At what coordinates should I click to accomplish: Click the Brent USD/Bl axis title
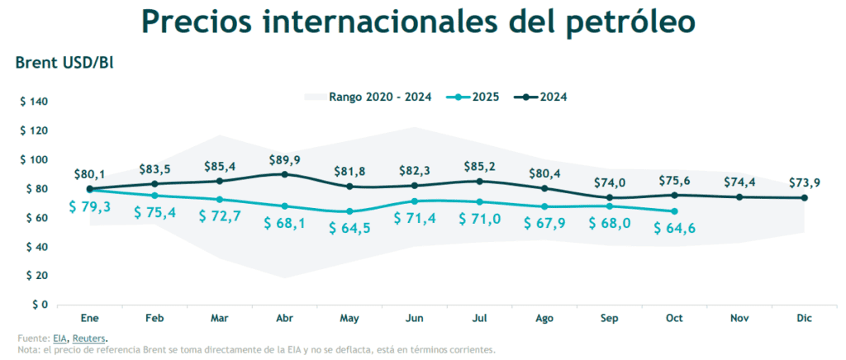(64, 63)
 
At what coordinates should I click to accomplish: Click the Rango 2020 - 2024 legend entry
(379, 97)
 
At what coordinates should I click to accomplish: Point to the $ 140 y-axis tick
(35, 102)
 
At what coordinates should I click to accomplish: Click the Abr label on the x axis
(285, 318)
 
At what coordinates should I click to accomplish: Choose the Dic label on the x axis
(804, 318)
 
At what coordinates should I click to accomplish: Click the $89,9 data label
(285, 159)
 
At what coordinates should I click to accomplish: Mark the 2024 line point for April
(285, 174)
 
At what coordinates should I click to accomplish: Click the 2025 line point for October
(675, 211)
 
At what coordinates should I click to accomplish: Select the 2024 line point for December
(804, 197)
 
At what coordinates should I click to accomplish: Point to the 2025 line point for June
(415, 201)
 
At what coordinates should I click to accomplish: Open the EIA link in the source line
(59, 338)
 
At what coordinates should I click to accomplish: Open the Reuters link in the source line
(88, 338)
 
